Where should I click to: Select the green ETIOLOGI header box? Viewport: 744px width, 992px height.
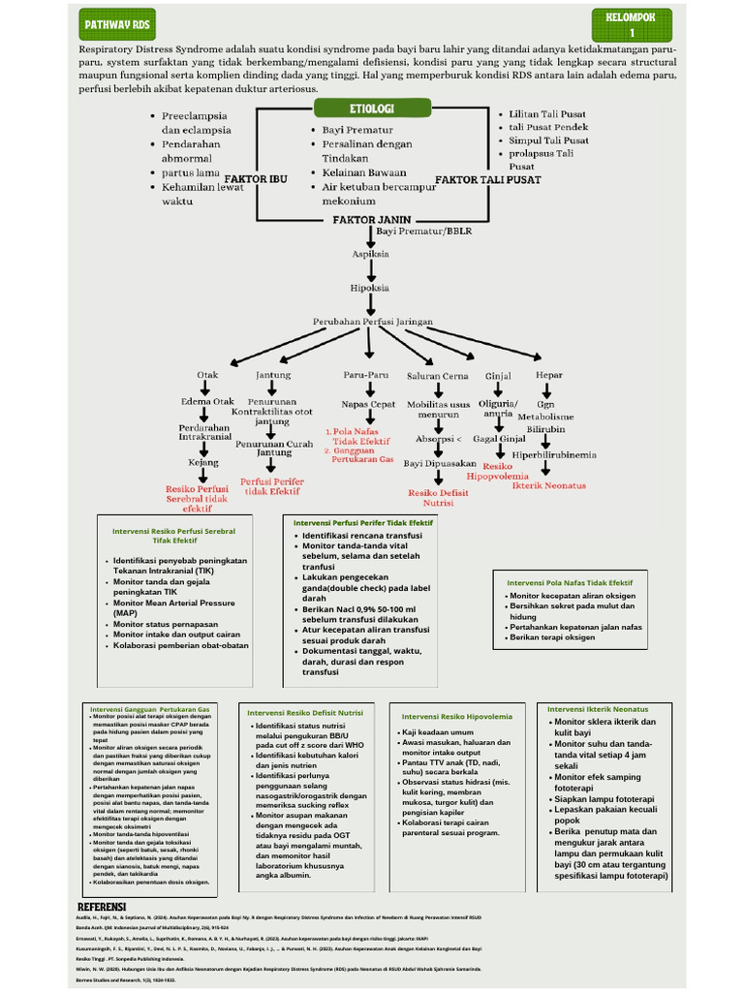tap(363, 107)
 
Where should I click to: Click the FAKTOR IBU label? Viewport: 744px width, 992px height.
tap(256, 180)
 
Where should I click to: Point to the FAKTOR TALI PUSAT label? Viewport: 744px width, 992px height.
tap(487, 180)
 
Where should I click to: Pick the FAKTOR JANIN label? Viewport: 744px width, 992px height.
tap(367, 220)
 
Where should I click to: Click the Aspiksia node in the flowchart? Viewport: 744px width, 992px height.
tap(370, 254)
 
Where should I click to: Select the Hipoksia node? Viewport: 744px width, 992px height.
tap(370, 288)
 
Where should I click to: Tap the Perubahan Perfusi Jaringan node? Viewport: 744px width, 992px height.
tap(372, 321)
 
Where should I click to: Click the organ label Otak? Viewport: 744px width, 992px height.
tap(207, 375)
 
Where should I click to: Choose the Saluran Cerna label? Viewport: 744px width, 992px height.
tap(437, 376)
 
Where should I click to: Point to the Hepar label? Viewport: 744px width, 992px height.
tap(548, 375)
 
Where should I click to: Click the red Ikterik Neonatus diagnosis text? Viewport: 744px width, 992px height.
tap(549, 485)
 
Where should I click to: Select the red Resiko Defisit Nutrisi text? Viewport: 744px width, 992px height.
tap(438, 498)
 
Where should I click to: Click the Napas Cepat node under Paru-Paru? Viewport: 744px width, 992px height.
tap(368, 404)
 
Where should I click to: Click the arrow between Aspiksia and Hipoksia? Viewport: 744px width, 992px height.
tap(370, 271)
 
